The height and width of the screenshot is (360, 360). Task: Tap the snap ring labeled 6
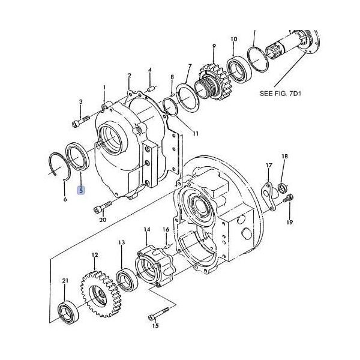[58, 166]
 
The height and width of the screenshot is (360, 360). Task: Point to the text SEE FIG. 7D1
[282, 94]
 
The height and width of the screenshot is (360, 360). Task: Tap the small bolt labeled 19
[290, 200]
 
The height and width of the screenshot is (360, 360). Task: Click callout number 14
[146, 230]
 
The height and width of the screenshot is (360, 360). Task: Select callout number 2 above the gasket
[129, 76]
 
